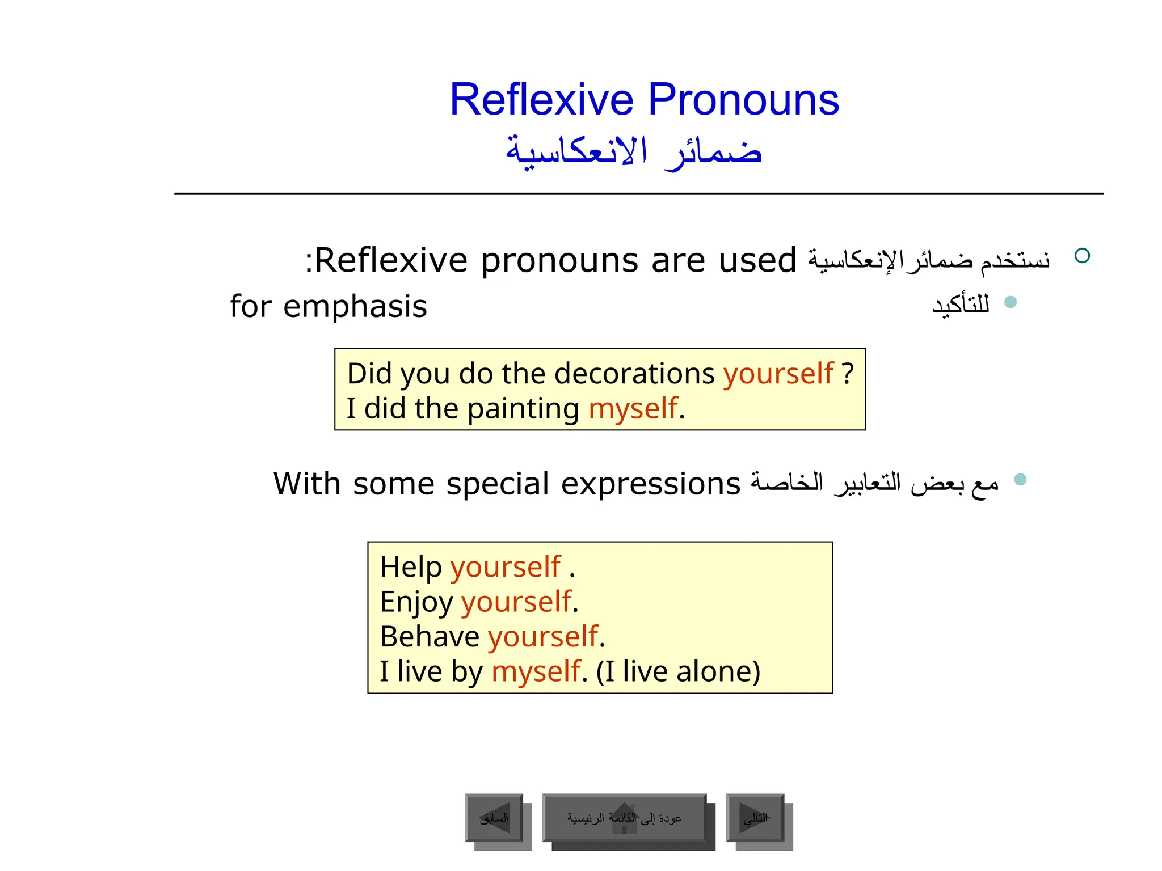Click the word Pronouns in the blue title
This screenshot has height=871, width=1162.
(743, 100)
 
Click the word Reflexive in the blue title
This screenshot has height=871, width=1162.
(541, 100)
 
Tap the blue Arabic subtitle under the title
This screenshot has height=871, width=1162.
(634, 152)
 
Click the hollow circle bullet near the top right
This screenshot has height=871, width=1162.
(1082, 256)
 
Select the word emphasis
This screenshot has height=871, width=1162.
(355, 307)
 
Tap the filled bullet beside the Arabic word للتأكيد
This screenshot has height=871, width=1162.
(1010, 302)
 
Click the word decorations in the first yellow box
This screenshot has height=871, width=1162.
(634, 374)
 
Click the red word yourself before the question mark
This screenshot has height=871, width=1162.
(778, 374)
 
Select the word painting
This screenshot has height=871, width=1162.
(523, 409)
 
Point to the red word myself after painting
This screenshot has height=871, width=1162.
(633, 409)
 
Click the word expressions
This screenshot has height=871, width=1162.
(651, 484)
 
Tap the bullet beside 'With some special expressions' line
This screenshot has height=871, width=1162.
(1020, 480)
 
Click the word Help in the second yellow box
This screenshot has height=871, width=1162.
(411, 567)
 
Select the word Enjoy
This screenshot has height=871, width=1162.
(416, 602)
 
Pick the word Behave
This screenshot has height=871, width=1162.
(430, 637)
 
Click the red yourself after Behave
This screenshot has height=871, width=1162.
(543, 637)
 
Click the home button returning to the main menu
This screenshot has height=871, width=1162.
(624, 818)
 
